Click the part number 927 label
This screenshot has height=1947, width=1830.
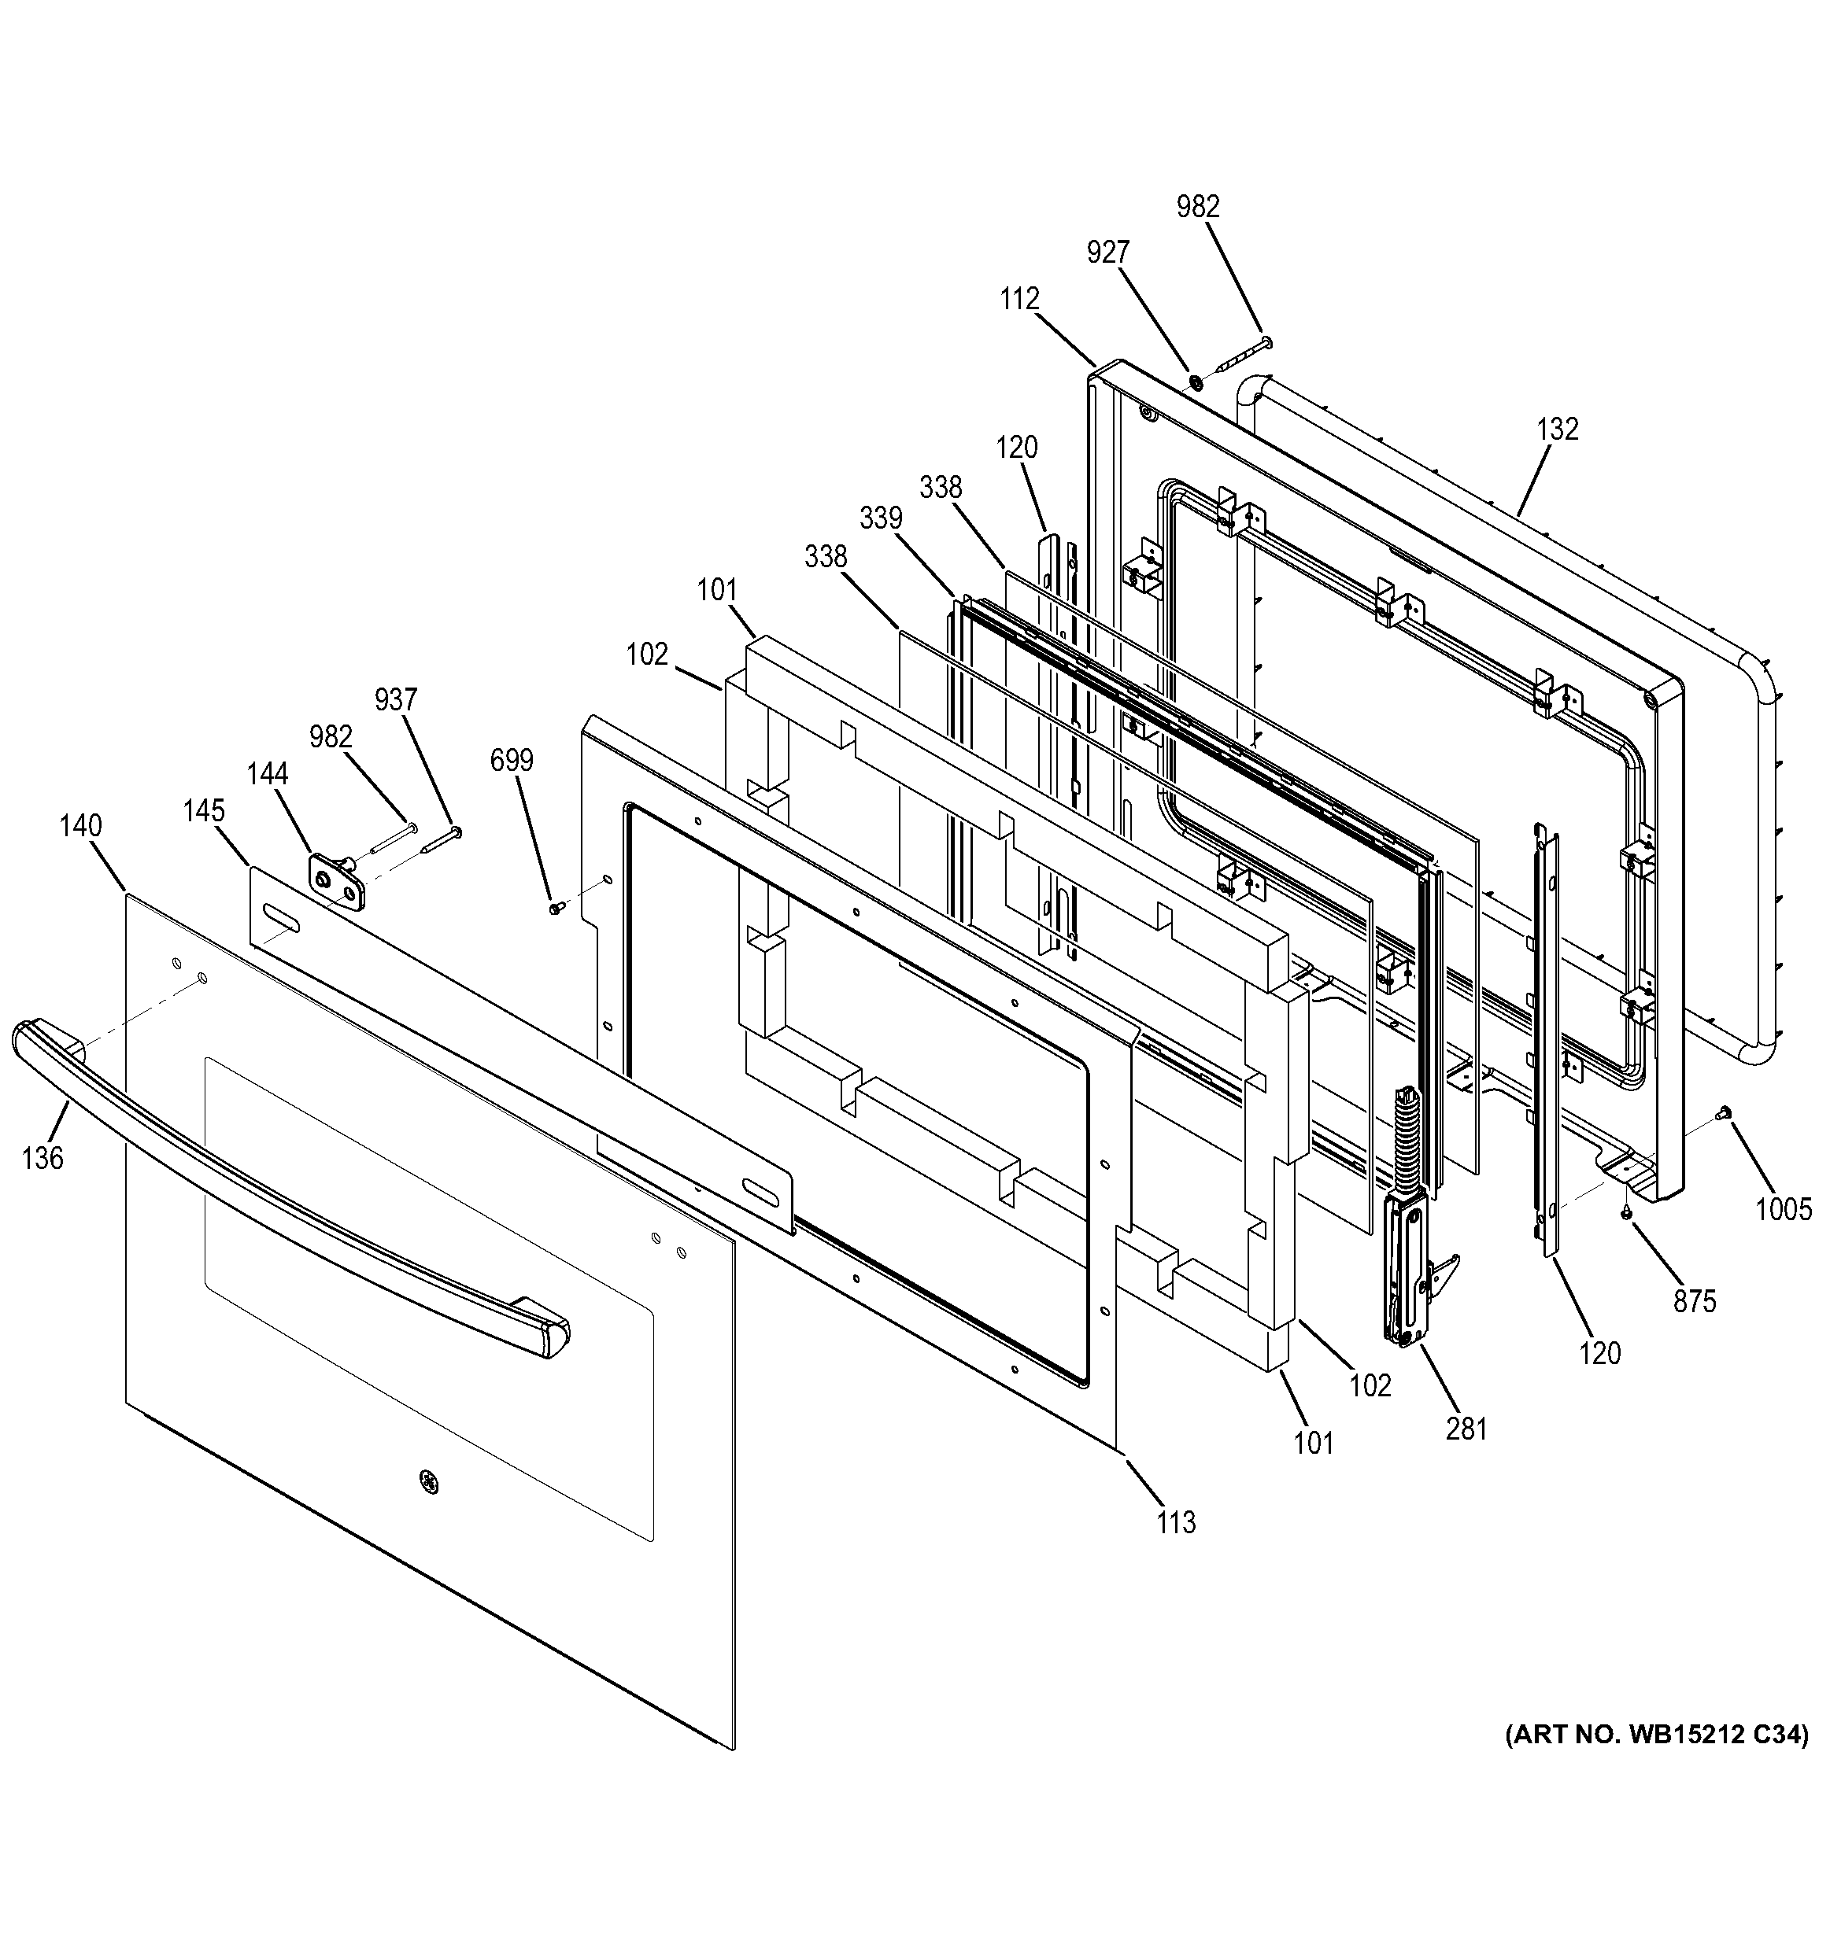[1108, 253]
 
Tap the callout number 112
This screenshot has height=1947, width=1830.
[1020, 299]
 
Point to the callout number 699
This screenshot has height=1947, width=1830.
[512, 760]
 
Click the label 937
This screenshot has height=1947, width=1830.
[396, 699]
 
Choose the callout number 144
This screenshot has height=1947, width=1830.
[268, 774]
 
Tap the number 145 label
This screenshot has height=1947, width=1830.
[204, 811]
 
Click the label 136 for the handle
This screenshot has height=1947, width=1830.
[43, 1158]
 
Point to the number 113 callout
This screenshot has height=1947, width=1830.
[1176, 1522]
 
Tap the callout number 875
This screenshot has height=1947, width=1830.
[1695, 1300]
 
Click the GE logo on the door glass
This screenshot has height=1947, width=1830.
[428, 1483]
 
